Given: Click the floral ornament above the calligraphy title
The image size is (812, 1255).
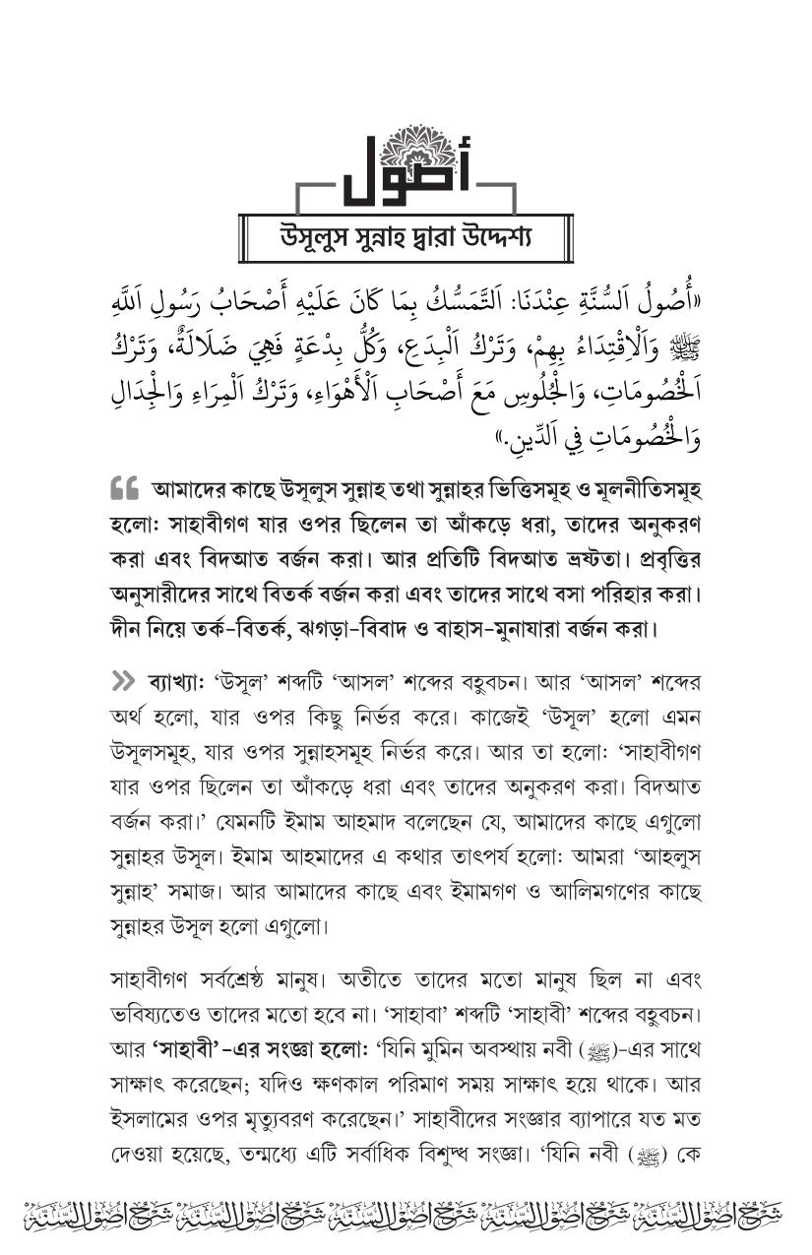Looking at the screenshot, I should (x=407, y=147).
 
